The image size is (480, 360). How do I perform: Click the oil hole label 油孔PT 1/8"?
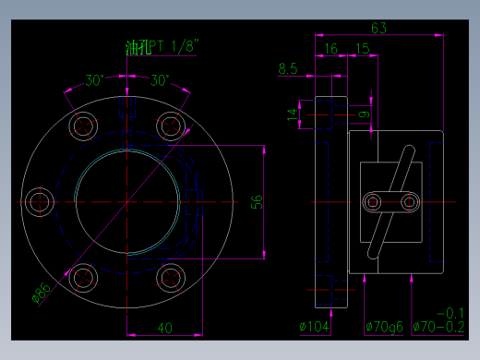click(x=162, y=46)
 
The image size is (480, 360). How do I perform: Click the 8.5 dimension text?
click(x=287, y=68)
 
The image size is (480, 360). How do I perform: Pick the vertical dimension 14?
click(x=293, y=114)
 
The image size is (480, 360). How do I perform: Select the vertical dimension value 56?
click(x=258, y=201)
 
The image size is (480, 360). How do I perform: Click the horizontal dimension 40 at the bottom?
click(x=164, y=328)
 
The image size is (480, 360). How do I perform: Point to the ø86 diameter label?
click(x=42, y=294)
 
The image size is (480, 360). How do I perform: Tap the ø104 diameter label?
click(x=315, y=326)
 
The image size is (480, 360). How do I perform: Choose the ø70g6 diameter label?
click(x=383, y=326)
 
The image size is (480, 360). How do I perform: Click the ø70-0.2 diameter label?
click(x=438, y=326)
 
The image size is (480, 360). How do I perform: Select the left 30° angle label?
click(x=95, y=80)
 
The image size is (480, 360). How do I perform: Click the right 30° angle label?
click(x=160, y=80)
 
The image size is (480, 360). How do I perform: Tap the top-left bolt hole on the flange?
click(x=84, y=125)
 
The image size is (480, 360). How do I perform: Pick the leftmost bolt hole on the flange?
click(x=40, y=200)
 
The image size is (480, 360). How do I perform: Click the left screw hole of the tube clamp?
click(x=373, y=201)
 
